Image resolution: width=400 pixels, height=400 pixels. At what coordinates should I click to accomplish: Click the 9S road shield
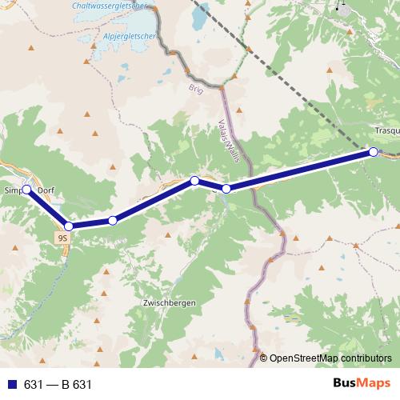pyautogui.click(x=63, y=238)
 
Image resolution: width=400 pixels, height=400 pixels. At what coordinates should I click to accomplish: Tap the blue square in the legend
pyautogui.click(x=11, y=385)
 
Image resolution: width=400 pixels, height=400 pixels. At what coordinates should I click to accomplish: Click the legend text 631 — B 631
pyautogui.click(x=58, y=385)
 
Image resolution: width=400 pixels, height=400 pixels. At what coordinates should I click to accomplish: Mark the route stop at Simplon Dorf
pyautogui.click(x=26, y=190)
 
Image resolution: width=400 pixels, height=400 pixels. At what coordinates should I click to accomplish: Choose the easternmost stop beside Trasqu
pyautogui.click(x=373, y=151)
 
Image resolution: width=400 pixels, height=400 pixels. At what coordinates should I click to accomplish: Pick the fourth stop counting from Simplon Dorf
pyautogui.click(x=194, y=181)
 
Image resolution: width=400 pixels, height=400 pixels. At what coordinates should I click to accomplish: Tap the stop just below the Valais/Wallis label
pyautogui.click(x=226, y=189)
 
